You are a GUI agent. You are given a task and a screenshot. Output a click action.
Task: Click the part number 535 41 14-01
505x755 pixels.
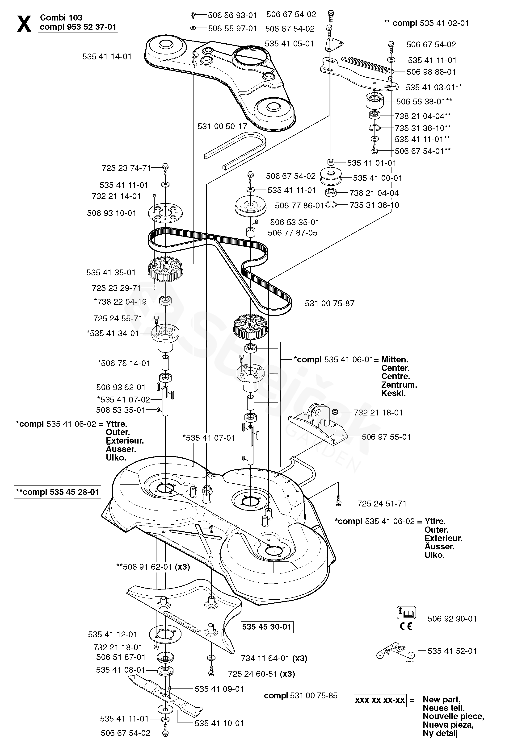coord(107,57)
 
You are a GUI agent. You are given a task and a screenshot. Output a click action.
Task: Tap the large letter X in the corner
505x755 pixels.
coord(24,23)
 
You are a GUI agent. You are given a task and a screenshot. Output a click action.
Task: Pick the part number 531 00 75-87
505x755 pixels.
coord(329,303)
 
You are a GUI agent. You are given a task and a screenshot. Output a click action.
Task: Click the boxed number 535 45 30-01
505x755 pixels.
coord(267,626)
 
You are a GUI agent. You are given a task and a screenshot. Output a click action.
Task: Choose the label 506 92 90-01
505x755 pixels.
coord(452,618)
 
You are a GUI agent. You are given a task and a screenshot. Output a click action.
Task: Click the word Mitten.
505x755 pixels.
coord(395,360)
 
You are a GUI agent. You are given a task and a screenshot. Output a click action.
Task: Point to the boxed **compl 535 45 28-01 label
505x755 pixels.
coord(57,492)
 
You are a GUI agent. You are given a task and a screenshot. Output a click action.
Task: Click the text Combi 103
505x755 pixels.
coord(61,17)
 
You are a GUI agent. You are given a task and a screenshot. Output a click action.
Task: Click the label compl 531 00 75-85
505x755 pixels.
coord(300,695)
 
